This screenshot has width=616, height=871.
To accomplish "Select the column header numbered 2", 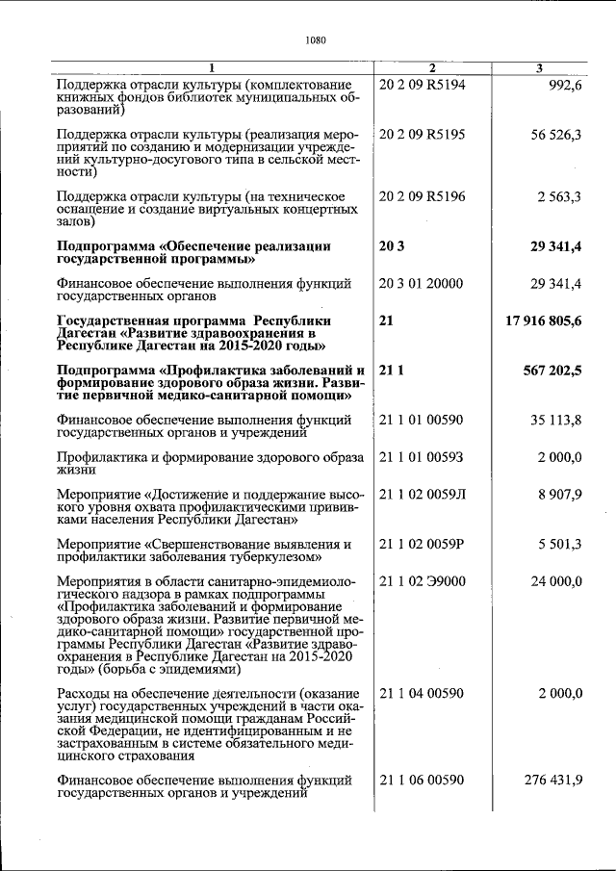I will (432, 67).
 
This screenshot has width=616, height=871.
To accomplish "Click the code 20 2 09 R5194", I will (423, 85).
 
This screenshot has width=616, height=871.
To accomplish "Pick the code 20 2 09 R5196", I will (423, 196).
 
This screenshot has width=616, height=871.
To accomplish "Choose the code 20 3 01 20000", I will (421, 283).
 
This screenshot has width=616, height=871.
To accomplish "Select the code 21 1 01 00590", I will (422, 420).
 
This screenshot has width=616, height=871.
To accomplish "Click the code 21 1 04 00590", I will (422, 693).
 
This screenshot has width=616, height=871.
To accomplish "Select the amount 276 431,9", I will (552, 780).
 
